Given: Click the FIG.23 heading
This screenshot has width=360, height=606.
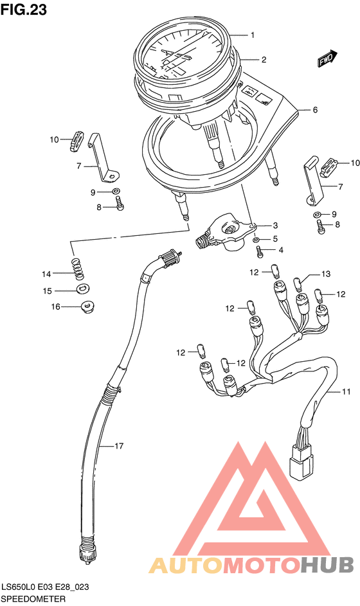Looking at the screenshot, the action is (24, 9).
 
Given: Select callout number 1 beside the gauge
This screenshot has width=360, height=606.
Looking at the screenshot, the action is (253, 35).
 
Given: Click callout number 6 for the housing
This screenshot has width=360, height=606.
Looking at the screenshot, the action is (315, 110).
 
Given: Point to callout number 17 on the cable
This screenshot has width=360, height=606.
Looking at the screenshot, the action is (119, 446).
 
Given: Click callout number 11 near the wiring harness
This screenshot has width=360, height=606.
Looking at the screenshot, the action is (346, 392).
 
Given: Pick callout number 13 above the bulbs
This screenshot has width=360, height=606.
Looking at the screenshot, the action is (326, 274).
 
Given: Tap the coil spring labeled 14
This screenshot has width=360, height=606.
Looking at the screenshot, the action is (78, 269).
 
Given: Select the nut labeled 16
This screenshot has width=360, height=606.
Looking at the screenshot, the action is (87, 308).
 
